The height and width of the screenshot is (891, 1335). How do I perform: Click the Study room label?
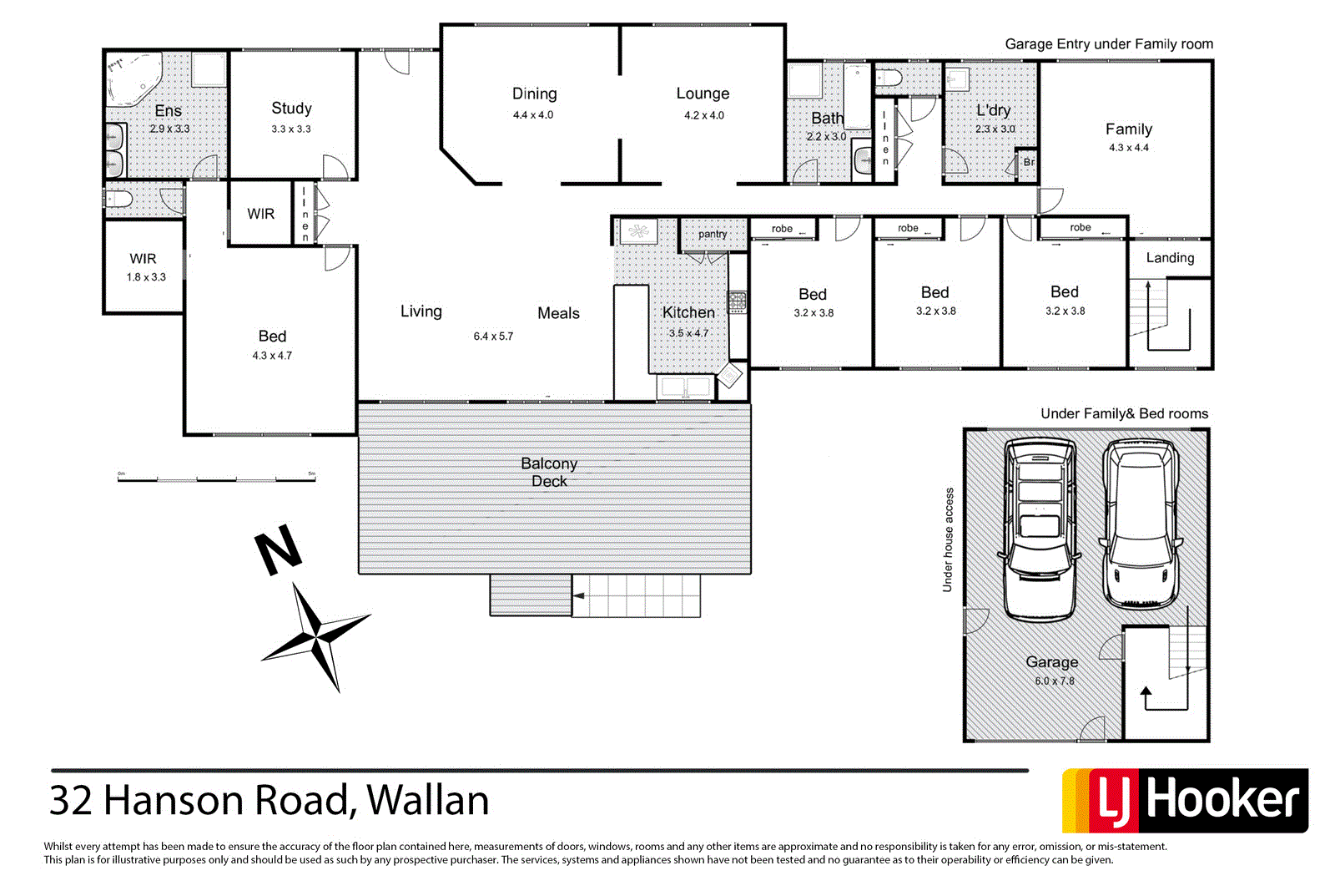click(x=291, y=109)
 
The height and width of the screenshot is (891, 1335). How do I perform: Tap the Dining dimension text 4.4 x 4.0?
click(x=533, y=115)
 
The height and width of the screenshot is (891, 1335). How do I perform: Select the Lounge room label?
click(x=703, y=94)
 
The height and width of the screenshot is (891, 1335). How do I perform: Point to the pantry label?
click(x=712, y=234)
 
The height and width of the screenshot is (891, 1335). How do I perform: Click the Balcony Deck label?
click(x=549, y=472)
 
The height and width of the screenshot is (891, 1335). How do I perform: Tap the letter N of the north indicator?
click(x=278, y=549)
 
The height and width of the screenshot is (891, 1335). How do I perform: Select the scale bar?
click(x=217, y=478)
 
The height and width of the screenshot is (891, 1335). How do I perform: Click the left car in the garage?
click(x=1039, y=528)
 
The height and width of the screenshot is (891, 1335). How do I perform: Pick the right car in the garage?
click(x=1141, y=524)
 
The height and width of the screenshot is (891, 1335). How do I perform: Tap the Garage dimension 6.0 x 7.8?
click(x=1055, y=681)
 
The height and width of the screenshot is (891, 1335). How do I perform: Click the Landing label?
click(x=1170, y=258)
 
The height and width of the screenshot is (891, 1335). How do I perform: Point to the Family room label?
click(x=1128, y=129)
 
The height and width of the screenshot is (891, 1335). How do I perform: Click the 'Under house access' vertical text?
click(x=948, y=540)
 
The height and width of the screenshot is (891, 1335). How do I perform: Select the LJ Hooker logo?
click(x=1185, y=800)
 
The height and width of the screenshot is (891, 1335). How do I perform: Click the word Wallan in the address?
click(x=428, y=800)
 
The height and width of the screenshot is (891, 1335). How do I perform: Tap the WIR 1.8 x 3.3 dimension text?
click(x=146, y=277)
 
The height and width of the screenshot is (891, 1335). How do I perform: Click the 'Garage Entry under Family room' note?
click(x=1108, y=44)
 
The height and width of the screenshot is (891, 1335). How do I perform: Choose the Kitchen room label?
click(x=688, y=312)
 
